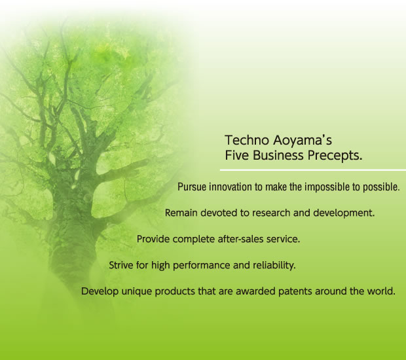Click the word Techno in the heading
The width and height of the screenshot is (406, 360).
[x=247, y=140]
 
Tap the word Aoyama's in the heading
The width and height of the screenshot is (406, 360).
[x=303, y=141]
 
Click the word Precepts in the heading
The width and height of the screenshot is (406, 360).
[x=334, y=156]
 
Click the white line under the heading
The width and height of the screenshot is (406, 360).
[x=313, y=170]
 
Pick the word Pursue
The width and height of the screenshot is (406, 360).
[x=192, y=187]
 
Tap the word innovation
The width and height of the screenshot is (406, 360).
[x=231, y=187]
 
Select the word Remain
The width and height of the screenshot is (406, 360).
[x=181, y=213]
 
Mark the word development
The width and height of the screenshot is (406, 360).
[x=344, y=213]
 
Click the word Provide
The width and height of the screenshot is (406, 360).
[x=153, y=239]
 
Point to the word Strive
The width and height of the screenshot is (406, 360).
[x=121, y=265]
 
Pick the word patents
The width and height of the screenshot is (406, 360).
[x=295, y=292]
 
